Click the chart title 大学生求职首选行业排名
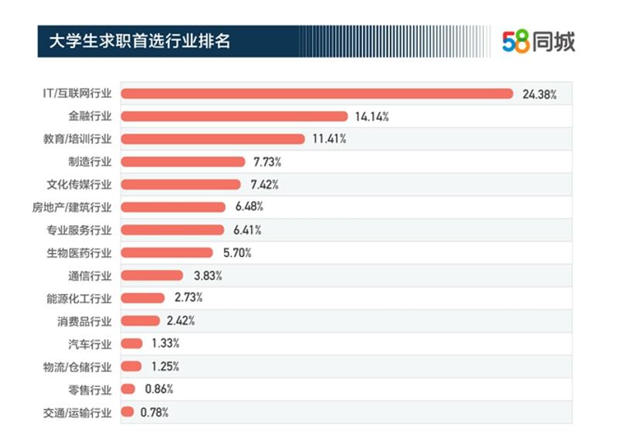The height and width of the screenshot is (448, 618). coord(139,39)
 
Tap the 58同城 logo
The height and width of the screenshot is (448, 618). coord(538,41)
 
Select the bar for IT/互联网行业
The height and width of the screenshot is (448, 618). coord(317,94)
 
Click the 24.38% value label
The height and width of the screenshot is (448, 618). coord(539,94)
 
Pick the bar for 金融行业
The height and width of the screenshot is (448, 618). coord(235,117)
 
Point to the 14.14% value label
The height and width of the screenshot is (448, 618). coord(372,117)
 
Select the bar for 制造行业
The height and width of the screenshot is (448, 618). coord(183,162)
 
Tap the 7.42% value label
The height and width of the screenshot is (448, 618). coord(264,185)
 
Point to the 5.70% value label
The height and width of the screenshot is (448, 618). coord(237,253)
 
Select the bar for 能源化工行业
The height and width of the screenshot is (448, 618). coord(143,298)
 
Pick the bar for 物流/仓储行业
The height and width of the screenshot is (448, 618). coord(131,366)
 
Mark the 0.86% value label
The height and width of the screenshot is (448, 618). coord(159,389)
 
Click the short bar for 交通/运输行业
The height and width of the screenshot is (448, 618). coord(127,412)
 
